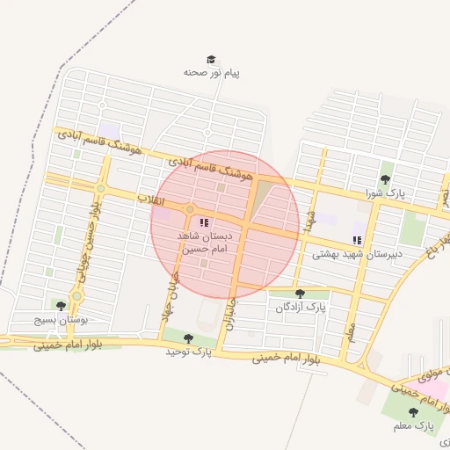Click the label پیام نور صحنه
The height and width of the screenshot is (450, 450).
click(x=211, y=73)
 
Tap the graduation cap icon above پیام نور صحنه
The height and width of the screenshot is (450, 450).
click(x=211, y=59)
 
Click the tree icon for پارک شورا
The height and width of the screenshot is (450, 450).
click(x=386, y=179)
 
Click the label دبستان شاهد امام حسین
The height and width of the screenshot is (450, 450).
click(x=203, y=243)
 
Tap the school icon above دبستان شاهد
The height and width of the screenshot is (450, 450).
click(x=204, y=223)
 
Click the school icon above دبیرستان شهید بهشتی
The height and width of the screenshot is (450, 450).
click(x=357, y=240)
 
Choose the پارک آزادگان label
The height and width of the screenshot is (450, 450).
click(x=301, y=308)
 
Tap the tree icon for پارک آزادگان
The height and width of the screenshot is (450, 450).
click(x=301, y=294)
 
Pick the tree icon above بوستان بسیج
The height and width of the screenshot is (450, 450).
click(x=61, y=306)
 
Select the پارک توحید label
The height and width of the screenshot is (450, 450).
click(x=189, y=352)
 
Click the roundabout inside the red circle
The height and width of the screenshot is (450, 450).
click(x=189, y=209)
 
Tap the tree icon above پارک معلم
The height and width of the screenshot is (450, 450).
click(x=413, y=412)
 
